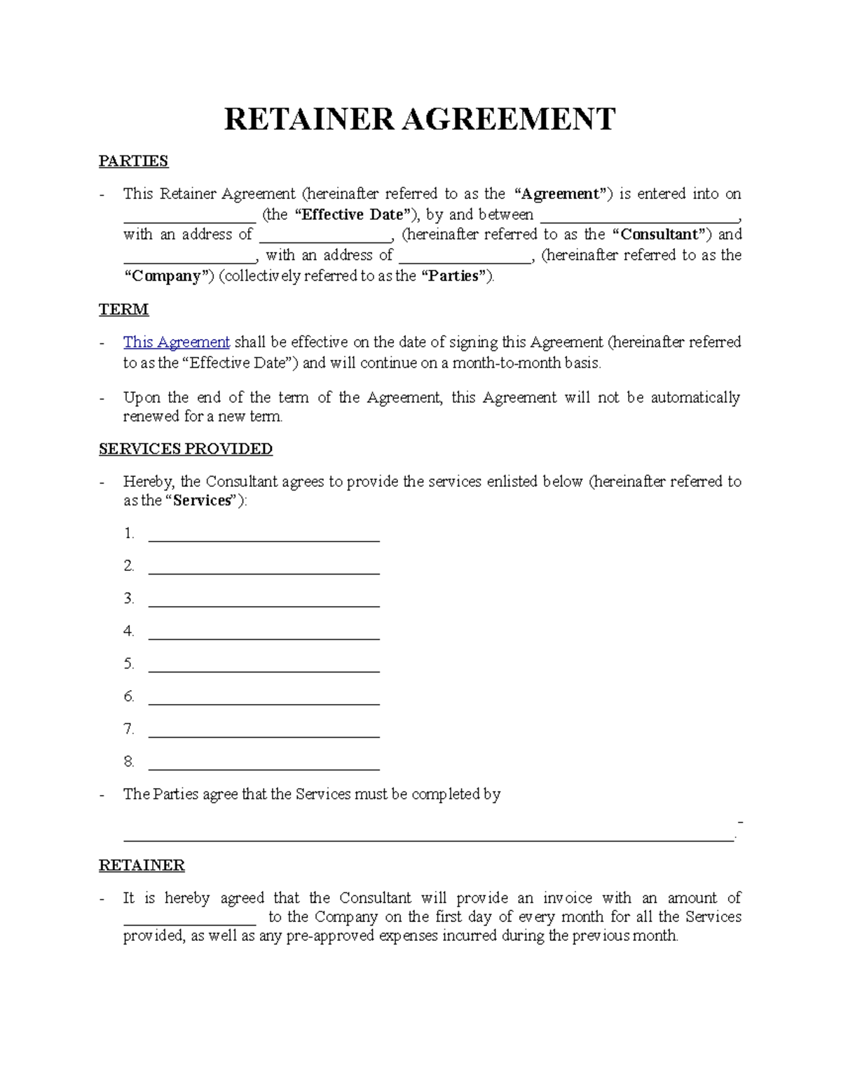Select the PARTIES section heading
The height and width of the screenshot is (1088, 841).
point(133,161)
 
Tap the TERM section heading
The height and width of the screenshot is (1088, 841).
point(123,310)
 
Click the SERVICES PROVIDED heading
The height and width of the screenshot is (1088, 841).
point(186,449)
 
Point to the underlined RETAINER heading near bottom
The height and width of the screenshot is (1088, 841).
point(142,866)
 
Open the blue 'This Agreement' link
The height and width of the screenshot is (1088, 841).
point(176,343)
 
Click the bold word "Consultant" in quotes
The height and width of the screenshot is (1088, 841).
point(659,235)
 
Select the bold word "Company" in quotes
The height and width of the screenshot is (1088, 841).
point(168,276)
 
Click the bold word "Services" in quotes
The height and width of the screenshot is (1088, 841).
point(202,501)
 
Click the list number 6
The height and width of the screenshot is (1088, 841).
point(128,696)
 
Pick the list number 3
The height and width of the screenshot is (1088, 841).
point(128,598)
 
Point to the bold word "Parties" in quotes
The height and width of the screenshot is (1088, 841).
point(453,276)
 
